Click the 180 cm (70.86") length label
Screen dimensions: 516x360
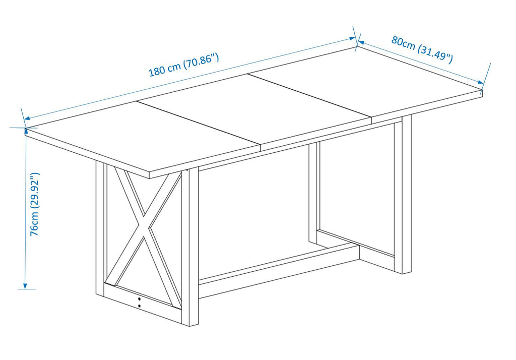click(184, 65)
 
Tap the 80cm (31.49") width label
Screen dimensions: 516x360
click(422, 49)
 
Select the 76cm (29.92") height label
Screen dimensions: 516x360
click(35, 204)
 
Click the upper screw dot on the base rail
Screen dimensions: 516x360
click(139, 299)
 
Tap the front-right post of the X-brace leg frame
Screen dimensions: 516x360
click(190, 247)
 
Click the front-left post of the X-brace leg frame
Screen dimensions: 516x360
click(100, 228)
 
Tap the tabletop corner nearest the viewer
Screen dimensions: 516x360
click(149, 175)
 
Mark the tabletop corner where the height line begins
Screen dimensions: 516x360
click(26, 128)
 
